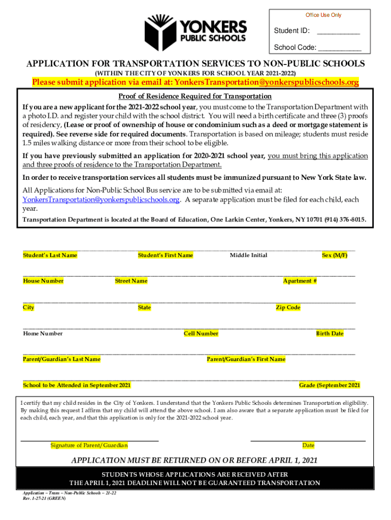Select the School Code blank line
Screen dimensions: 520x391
click(x=340, y=50)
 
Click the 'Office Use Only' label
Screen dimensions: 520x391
click(x=323, y=15)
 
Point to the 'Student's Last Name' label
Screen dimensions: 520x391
click(x=50, y=255)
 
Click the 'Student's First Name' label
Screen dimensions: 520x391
click(x=166, y=255)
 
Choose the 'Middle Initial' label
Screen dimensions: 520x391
click(x=248, y=255)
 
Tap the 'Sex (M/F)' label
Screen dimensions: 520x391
click(x=335, y=255)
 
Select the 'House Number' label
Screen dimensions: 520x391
click(x=43, y=281)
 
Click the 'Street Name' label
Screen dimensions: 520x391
click(x=131, y=281)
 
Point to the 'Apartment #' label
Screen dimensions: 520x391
click(x=300, y=281)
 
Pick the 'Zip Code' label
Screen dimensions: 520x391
click(x=288, y=308)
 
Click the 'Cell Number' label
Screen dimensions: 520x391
click(x=201, y=334)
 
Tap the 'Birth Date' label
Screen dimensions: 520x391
click(x=330, y=334)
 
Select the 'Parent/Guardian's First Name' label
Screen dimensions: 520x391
click(x=246, y=360)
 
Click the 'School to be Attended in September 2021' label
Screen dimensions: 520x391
click(x=77, y=385)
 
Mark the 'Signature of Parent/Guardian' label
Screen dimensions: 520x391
click(x=89, y=445)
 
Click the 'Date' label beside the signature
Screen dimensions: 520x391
click(x=308, y=445)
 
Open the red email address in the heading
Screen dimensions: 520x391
click(x=267, y=82)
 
